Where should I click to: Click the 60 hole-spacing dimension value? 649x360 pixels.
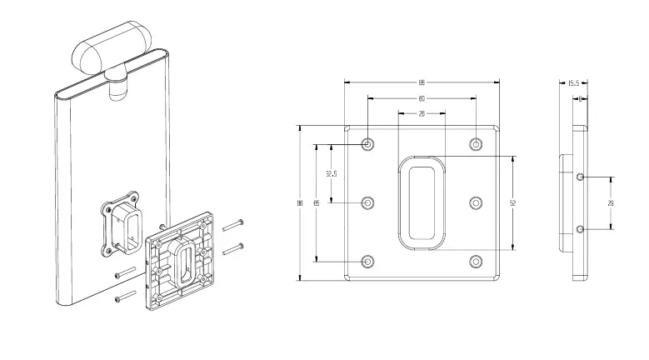tap(422, 98)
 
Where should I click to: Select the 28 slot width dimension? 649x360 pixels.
tap(422, 113)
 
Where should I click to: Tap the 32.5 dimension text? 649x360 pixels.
tap(331, 174)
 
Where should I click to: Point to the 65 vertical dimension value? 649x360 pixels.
tap(316, 202)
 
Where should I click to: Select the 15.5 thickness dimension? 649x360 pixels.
tap(573, 83)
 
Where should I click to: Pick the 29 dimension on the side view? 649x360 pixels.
tap(612, 202)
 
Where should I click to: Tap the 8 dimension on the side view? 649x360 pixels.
tap(580, 98)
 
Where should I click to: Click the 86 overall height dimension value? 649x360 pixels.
tap(300, 202)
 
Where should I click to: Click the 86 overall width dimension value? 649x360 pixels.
tap(422, 83)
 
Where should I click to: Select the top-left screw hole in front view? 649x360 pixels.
tap(368, 144)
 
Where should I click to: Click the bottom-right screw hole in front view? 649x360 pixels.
tap(476, 261)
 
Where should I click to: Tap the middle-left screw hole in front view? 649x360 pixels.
tap(368, 202)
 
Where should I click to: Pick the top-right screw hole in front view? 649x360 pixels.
tap(476, 144)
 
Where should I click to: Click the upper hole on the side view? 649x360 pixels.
tap(580, 177)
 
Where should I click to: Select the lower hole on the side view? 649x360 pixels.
tap(580, 228)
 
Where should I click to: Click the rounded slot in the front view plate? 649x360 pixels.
tap(422, 202)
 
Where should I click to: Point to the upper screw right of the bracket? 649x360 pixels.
tap(232, 223)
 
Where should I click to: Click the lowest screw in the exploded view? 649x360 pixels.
tap(124, 296)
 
